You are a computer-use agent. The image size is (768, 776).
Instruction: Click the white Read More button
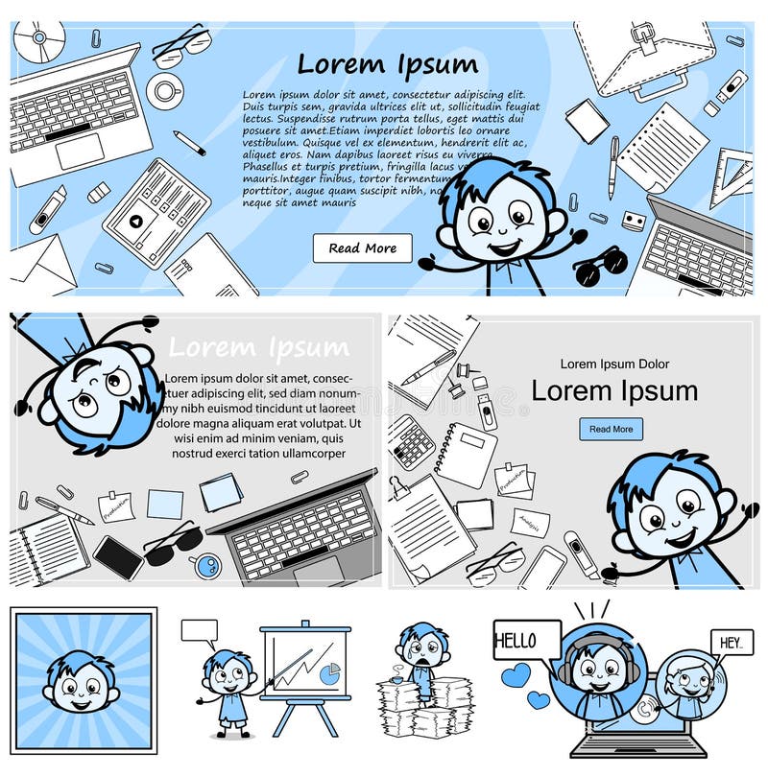pyautogui.click(x=362, y=248)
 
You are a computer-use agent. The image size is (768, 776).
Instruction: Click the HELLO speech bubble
pyautogui.click(x=526, y=640)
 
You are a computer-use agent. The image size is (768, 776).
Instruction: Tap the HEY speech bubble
pyautogui.click(x=732, y=643)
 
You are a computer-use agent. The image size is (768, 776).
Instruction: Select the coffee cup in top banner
pyautogui.click(x=165, y=91)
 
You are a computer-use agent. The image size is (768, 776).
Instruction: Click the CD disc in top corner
pyautogui.click(x=38, y=38)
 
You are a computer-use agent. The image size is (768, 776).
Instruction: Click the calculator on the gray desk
pyautogui.click(x=412, y=442)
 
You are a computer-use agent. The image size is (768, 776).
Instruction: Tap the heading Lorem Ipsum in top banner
pyautogui.click(x=386, y=64)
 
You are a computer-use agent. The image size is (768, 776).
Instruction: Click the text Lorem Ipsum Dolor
pyautogui.click(x=614, y=364)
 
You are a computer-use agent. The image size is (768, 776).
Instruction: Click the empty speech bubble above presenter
pyautogui.click(x=199, y=630)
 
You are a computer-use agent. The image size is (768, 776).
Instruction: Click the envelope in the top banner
pyautogui.click(x=43, y=259)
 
